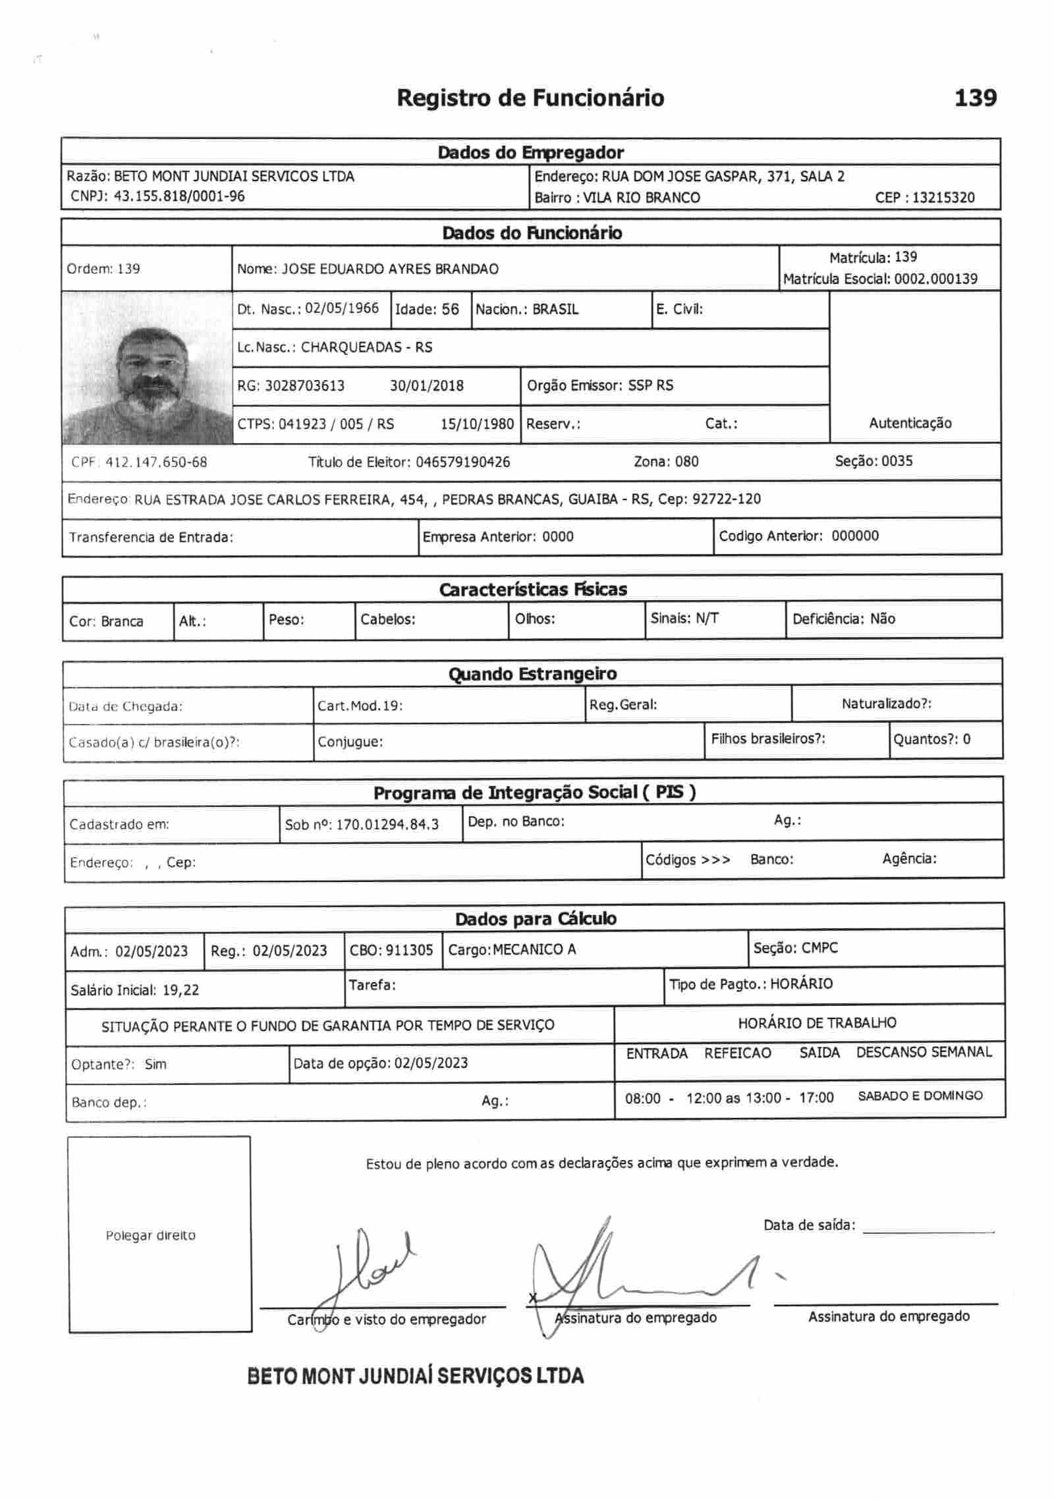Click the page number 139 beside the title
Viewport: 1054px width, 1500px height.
coord(975,98)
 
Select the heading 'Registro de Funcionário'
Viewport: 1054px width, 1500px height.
coord(530,98)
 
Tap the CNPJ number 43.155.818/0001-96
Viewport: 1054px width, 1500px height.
coord(179,196)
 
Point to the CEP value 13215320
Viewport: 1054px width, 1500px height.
coord(943,198)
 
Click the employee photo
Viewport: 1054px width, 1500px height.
coord(146,368)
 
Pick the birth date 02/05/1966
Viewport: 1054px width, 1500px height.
coord(342,308)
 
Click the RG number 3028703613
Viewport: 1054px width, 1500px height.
coord(304,385)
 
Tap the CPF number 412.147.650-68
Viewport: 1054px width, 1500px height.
coord(156,462)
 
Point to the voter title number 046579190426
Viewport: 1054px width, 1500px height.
coord(462,462)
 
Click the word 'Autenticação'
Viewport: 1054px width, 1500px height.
coord(910,423)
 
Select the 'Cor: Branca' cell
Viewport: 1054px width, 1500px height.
coord(106,621)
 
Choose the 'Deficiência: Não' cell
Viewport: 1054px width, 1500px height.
coord(844,619)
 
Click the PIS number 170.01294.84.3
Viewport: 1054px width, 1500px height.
coord(387,824)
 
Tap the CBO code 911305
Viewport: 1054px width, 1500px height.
coord(409,950)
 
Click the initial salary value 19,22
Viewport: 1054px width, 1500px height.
coord(180,989)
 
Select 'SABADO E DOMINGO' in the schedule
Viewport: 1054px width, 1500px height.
coord(920,1096)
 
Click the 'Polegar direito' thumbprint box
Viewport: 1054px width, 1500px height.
coord(159,1234)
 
